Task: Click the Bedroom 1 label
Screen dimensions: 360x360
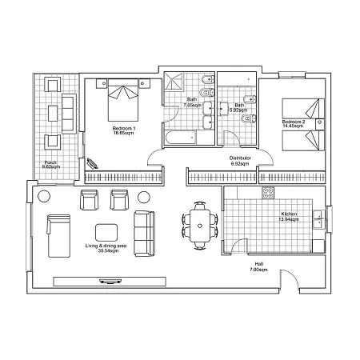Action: click(124, 130)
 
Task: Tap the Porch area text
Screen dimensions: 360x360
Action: click(51, 165)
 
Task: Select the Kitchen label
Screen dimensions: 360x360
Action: click(289, 217)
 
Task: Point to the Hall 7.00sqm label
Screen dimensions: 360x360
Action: click(258, 266)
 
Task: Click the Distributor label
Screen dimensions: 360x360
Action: click(240, 161)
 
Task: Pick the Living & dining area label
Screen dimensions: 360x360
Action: click(106, 248)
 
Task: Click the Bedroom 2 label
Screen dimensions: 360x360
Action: click(294, 124)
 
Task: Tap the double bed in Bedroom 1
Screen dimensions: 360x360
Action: click(123, 100)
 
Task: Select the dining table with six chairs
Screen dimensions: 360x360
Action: click(200, 226)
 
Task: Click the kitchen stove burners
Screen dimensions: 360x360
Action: click(268, 193)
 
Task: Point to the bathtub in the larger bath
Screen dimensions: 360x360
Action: click(181, 138)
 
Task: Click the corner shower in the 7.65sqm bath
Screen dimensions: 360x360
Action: click(174, 81)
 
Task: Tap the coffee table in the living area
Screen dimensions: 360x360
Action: click(106, 233)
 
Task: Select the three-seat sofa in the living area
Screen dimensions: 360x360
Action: click(145, 234)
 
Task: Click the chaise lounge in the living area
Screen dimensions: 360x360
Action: click(58, 236)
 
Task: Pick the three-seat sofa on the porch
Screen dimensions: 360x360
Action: click(69, 114)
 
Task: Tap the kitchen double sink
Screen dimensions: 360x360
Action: click(318, 220)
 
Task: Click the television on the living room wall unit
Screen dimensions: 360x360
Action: click(110, 281)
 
